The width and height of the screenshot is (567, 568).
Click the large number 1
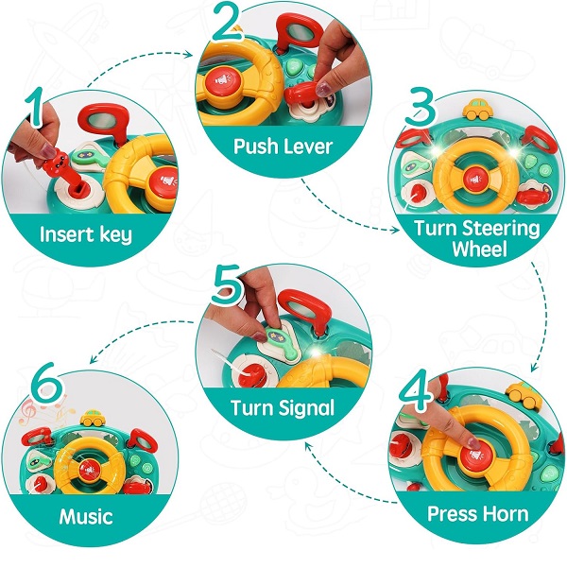pyautogui.click(x=36, y=107)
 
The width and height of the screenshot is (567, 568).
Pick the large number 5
pyautogui.click(x=229, y=284)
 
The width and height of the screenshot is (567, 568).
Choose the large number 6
pyautogui.click(x=48, y=383)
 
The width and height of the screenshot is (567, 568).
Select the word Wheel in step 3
pyautogui.click(x=479, y=249)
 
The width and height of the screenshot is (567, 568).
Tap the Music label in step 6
pyautogui.click(x=86, y=516)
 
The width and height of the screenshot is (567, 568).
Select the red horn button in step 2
pyautogui.click(x=223, y=80)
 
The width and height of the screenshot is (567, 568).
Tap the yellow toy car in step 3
pyautogui.click(x=478, y=109)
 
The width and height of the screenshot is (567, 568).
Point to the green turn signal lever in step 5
pyautogui.click(x=283, y=340)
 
